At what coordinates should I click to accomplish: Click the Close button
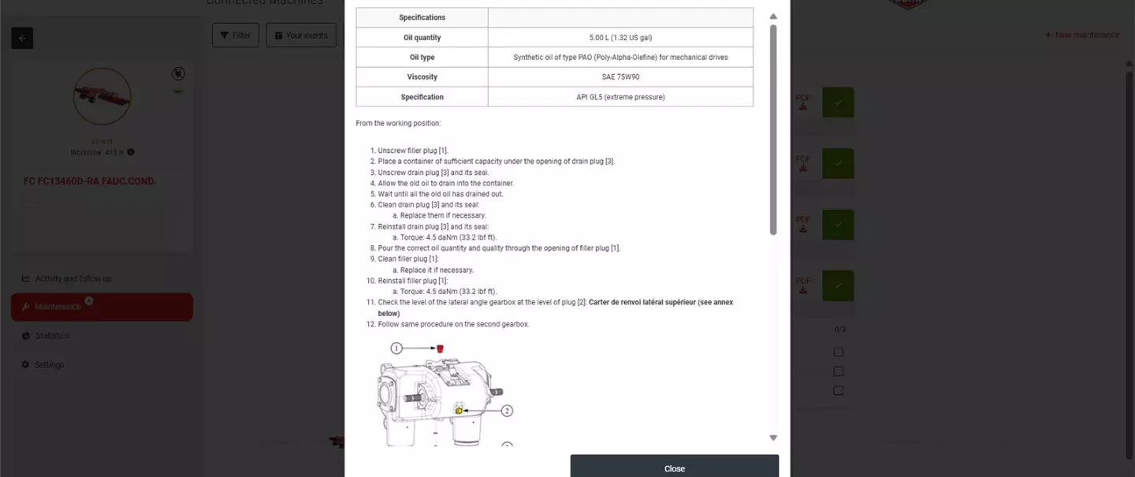674,468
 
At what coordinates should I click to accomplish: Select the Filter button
235,35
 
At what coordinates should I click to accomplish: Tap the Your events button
301,35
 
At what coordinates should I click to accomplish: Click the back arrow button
22,38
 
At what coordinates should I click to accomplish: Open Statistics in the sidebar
52,336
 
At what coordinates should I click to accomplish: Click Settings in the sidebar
49,365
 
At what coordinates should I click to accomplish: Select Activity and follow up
73,278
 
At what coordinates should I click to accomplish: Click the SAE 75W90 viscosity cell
620,77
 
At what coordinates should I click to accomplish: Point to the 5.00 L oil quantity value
620,37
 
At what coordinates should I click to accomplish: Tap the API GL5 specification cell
620,97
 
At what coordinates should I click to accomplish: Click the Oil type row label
422,58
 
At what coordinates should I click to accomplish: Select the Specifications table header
422,17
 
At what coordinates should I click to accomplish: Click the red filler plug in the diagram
441,348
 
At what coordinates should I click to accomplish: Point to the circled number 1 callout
397,348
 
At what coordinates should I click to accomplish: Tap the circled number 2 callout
507,411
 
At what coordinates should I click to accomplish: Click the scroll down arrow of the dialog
773,438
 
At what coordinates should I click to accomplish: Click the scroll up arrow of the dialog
773,17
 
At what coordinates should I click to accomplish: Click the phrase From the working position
398,123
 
